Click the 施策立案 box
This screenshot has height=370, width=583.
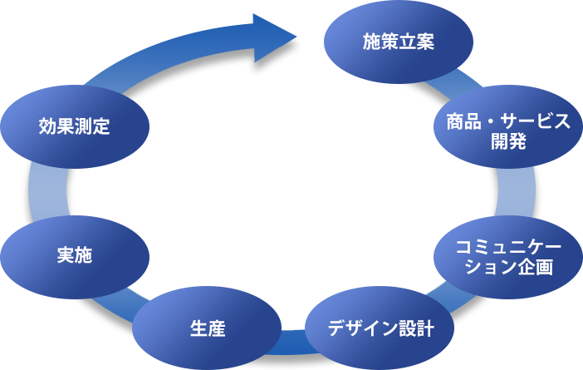pos(399,42)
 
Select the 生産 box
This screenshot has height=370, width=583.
pos(208,328)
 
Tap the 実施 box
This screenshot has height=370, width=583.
pos(75,256)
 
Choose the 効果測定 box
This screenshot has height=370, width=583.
pos(75,126)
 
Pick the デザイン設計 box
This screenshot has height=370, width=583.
pos(380,328)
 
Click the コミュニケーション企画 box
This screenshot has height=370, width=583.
pos(509,256)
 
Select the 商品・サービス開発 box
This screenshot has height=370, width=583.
pos(509,131)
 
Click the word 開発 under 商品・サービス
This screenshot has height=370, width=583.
pos(509,141)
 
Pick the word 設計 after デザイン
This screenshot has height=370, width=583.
pos(416,328)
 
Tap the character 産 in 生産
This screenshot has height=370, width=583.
pos(217,328)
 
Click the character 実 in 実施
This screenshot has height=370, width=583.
pos(66,256)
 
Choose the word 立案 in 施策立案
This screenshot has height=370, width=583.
pos(416,42)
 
